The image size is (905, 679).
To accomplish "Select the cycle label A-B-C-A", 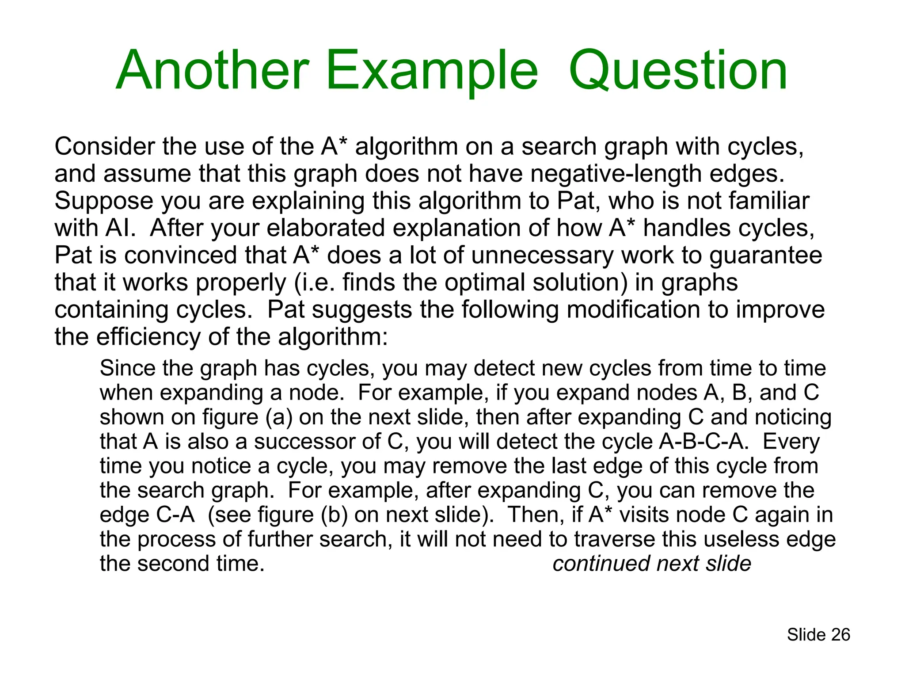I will [703, 442].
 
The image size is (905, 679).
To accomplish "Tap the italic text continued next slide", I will [651, 564].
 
